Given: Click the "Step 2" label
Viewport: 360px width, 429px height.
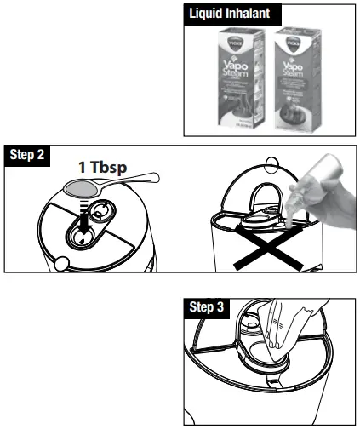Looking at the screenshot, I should click(28, 157).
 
